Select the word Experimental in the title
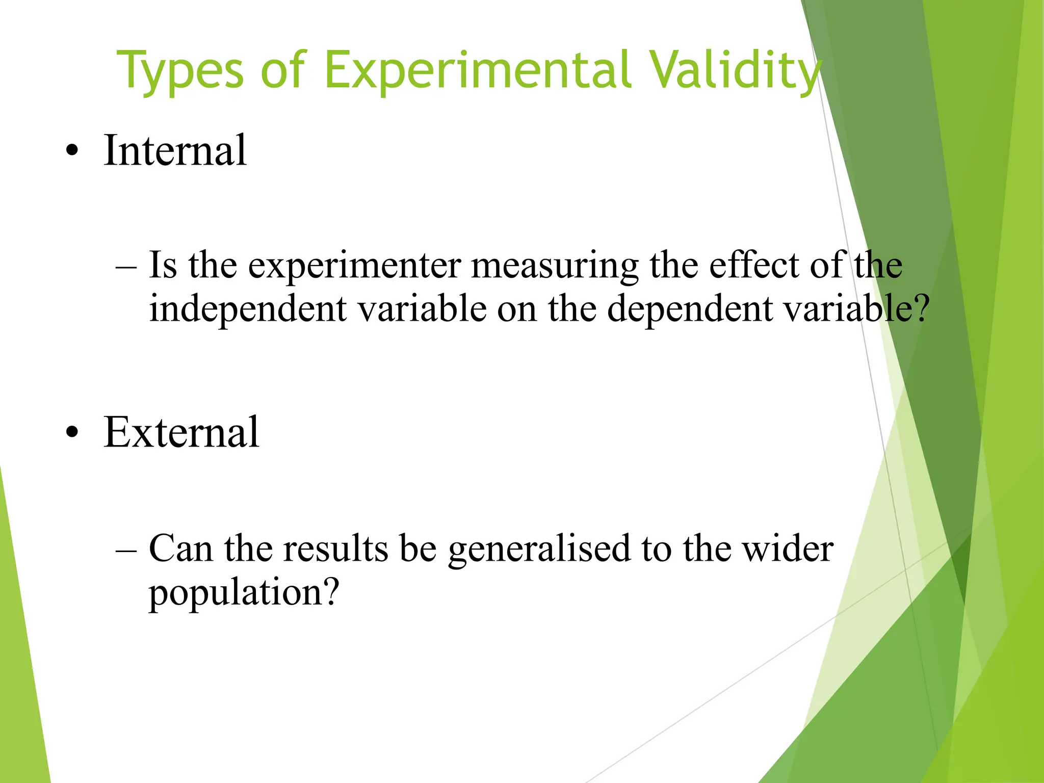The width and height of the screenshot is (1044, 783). (x=477, y=71)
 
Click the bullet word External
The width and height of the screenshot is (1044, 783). (x=181, y=432)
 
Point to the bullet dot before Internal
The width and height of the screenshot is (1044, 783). (x=72, y=151)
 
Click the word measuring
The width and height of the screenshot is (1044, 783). (x=555, y=266)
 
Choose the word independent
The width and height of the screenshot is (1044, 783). (x=248, y=310)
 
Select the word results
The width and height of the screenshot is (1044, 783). (x=335, y=549)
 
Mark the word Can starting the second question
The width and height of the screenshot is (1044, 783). (x=180, y=549)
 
